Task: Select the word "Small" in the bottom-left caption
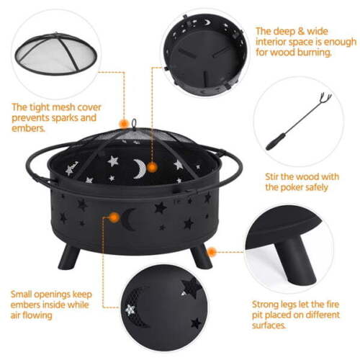pos(25,294)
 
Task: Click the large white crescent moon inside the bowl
pos(139,169)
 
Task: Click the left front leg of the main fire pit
pos(70,256)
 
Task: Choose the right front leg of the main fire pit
pos(202,256)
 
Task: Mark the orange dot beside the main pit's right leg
pos(220,252)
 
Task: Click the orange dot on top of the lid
pos(124,123)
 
